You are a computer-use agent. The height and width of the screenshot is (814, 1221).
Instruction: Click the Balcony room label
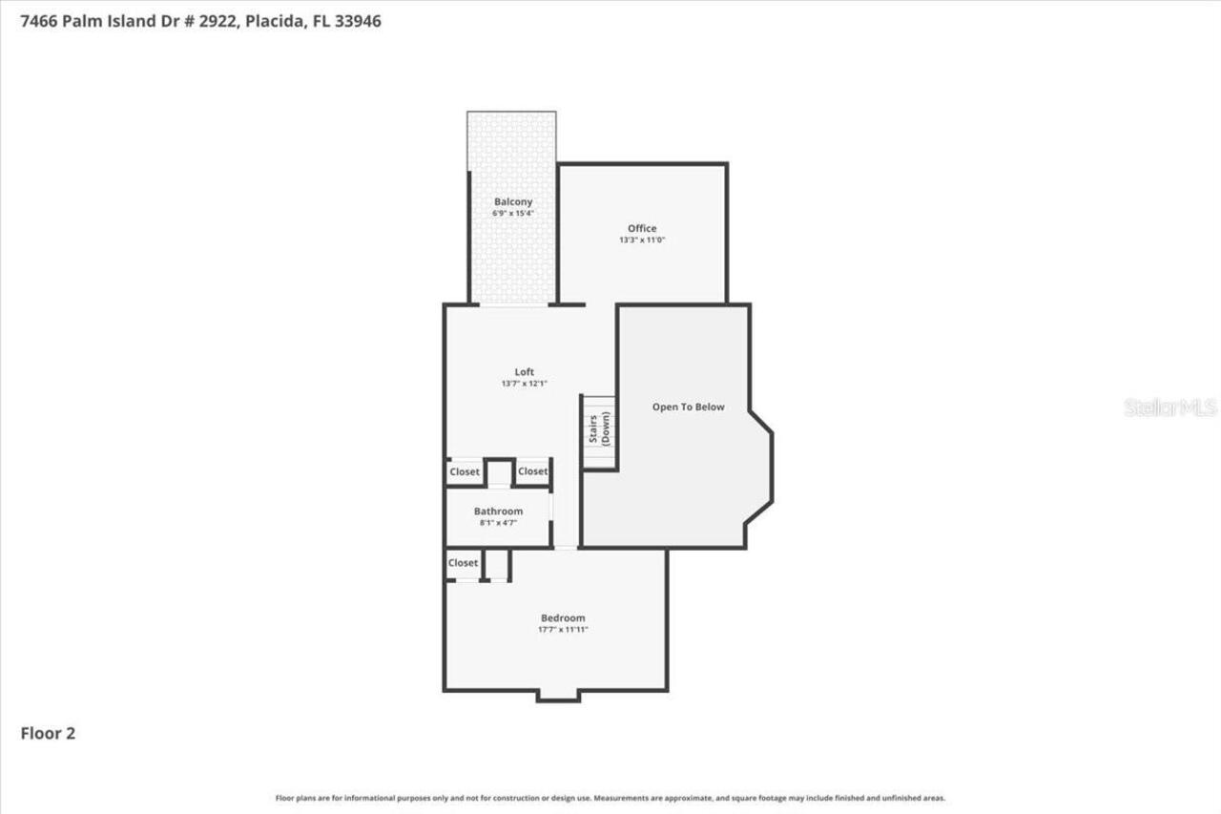(x=513, y=202)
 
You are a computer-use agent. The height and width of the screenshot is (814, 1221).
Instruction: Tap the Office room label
(x=642, y=228)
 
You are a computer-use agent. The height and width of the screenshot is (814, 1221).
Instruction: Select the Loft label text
(x=525, y=372)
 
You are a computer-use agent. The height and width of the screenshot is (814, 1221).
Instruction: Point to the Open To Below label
(x=688, y=407)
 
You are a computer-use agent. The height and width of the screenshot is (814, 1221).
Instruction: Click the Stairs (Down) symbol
(x=599, y=431)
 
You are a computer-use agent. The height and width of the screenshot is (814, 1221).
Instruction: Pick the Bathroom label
(x=498, y=511)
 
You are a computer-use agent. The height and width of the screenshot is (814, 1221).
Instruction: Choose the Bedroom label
(x=563, y=618)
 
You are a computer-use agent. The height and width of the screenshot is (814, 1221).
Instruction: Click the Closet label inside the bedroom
(x=464, y=563)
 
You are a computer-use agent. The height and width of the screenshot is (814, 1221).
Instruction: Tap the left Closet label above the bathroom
(x=465, y=471)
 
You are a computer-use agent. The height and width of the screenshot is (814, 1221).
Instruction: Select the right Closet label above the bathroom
(x=532, y=471)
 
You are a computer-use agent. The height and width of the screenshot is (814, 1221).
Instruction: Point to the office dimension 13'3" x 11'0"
(x=642, y=240)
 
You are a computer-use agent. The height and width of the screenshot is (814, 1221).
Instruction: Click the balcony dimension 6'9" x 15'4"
(x=513, y=214)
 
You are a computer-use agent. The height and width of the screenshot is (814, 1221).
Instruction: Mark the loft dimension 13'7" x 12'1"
(x=525, y=384)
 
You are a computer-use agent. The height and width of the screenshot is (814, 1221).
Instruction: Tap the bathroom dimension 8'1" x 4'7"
(x=498, y=523)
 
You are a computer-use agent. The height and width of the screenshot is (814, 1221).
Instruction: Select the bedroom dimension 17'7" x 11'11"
(x=563, y=630)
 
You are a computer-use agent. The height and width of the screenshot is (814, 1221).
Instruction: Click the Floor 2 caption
(x=48, y=733)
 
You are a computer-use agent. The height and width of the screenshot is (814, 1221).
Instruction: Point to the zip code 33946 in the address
(x=355, y=21)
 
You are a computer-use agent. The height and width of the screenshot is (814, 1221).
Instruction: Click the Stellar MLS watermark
(x=1170, y=407)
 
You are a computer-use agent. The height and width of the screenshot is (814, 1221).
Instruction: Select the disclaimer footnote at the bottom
(x=610, y=798)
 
